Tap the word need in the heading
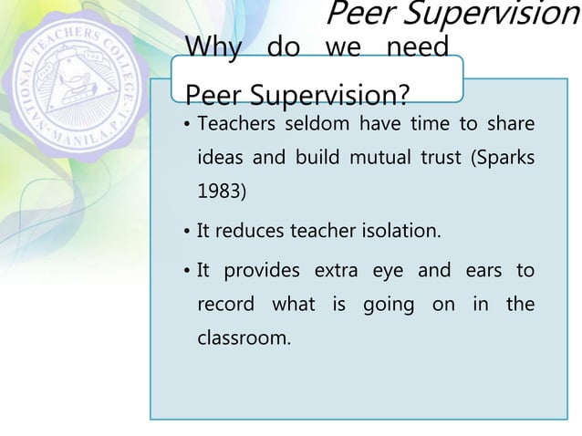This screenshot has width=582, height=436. pyautogui.click(x=418, y=47)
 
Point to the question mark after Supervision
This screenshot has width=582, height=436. pyautogui.click(x=401, y=95)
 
